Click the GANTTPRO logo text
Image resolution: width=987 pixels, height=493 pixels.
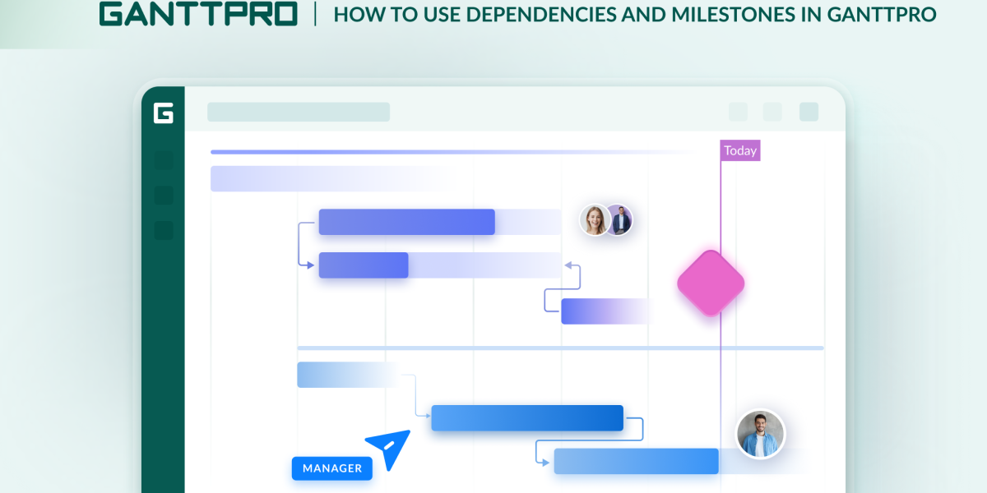(198, 14)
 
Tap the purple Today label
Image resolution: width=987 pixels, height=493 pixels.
(740, 150)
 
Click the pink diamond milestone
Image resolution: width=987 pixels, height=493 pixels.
(711, 283)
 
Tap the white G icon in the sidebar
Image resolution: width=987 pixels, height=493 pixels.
(163, 113)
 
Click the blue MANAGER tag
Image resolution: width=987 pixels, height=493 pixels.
(332, 468)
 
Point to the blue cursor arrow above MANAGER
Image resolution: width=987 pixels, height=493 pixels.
(389, 448)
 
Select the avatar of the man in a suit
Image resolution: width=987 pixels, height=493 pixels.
(619, 219)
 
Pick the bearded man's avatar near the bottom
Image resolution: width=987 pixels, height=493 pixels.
(759, 434)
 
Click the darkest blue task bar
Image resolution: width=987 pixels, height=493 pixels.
(526, 417)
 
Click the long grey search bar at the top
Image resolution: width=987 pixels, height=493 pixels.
(299, 112)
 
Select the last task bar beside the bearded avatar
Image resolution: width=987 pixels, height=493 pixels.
(637, 461)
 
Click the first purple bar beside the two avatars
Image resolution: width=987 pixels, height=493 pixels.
(406, 222)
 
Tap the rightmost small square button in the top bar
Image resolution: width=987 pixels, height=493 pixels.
(809, 112)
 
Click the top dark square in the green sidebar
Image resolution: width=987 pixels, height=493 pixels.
(164, 160)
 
